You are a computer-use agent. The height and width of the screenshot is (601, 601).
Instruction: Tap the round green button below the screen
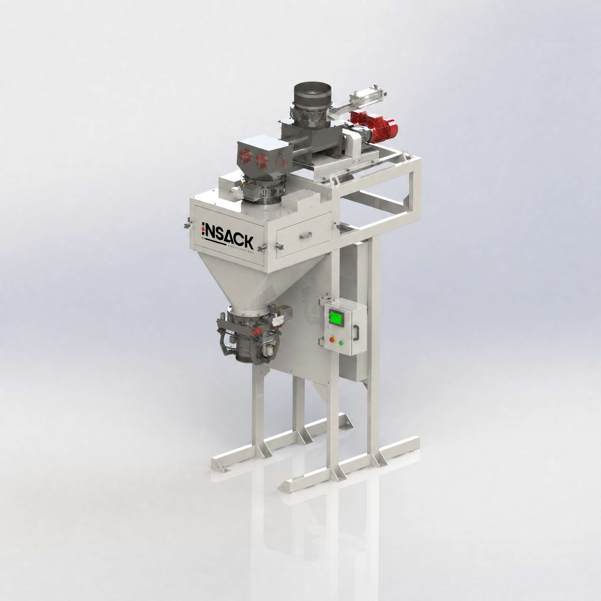pyautogui.click(x=341, y=343)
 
